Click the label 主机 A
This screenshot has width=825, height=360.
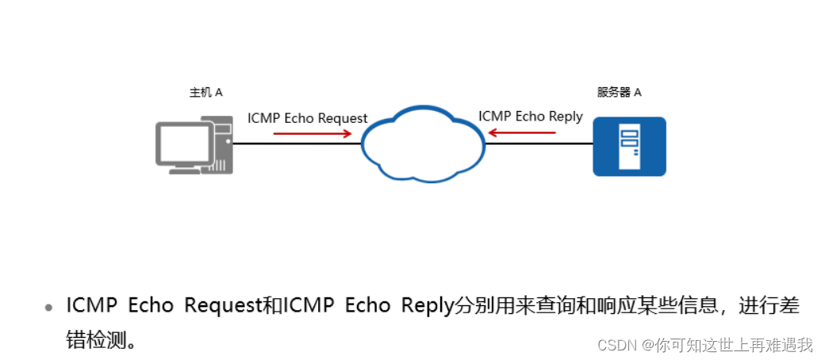pos(205,92)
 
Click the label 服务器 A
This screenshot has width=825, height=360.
pos(619,92)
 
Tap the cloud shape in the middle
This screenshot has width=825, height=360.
pos(422,144)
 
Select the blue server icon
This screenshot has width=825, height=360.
pos(629,146)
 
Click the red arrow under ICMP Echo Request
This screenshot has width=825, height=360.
pos(312,133)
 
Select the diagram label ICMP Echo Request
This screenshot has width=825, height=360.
pos(307,118)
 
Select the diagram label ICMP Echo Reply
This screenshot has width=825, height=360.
pos(530,117)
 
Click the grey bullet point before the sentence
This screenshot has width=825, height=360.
pos(49,307)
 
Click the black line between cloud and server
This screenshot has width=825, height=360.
pos(539,144)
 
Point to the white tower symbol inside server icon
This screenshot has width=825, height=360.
pos(629,146)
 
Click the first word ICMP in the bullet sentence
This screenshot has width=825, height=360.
pos(92,305)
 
